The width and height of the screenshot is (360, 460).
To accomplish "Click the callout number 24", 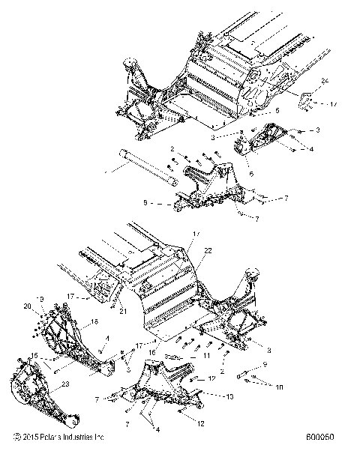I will pos(325,79).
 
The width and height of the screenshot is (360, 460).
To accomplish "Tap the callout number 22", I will pos(208,249).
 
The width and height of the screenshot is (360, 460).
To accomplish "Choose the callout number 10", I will pos(279,387).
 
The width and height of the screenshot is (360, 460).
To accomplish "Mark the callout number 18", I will pos(73,321).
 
